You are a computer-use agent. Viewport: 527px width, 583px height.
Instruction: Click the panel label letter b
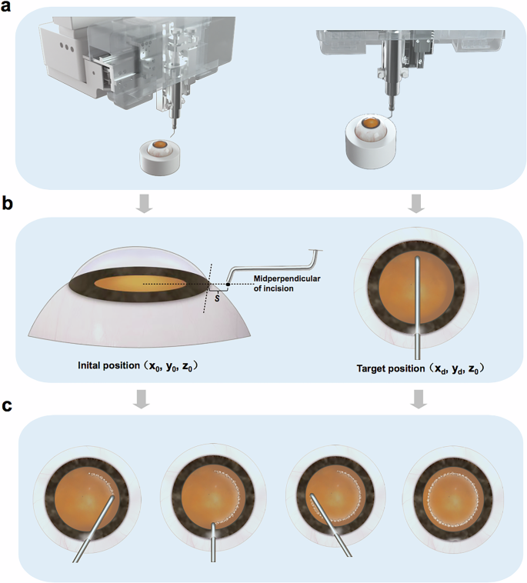(x=8, y=205)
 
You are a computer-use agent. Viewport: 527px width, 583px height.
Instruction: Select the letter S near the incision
(x=218, y=298)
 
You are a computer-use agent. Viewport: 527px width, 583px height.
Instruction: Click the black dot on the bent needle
(x=228, y=285)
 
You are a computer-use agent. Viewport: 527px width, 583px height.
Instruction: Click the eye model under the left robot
(x=161, y=156)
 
